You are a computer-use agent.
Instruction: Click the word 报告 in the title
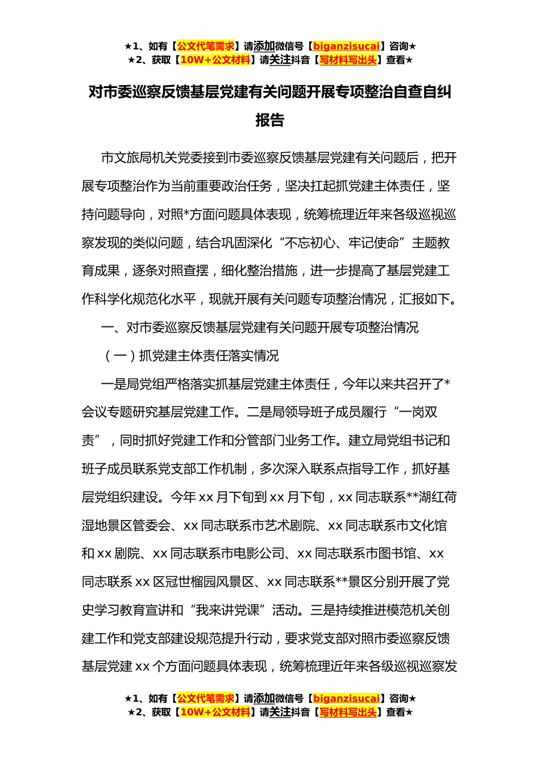click(269, 120)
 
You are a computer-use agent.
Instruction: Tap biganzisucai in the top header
click(346, 47)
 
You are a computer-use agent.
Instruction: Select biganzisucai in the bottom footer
click(346, 699)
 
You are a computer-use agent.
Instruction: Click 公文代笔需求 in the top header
click(206, 47)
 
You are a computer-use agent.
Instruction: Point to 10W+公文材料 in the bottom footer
click(215, 712)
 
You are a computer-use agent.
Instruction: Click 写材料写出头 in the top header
click(348, 60)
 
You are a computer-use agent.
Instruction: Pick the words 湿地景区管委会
click(126, 526)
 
